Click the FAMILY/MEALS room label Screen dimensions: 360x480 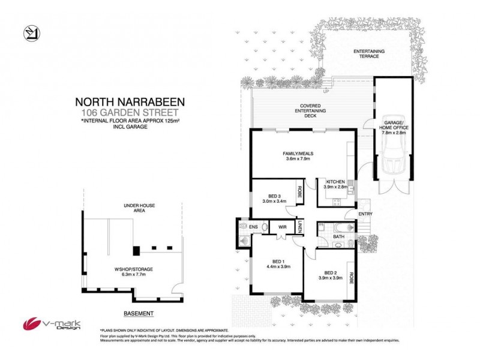[298, 157]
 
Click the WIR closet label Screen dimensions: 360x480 [281, 227]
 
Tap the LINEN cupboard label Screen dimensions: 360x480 [299, 227]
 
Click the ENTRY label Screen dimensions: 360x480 [365, 214]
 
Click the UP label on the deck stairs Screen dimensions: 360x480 [326, 92]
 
